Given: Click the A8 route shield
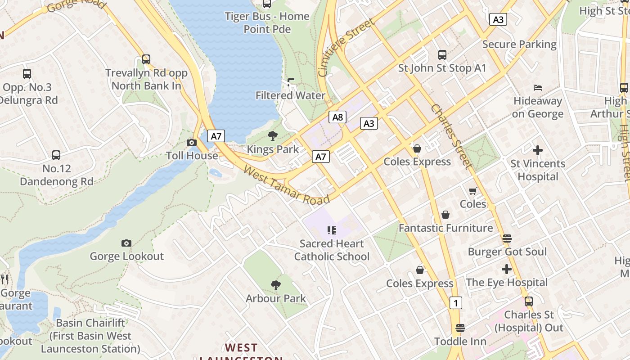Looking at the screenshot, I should tap(337, 117).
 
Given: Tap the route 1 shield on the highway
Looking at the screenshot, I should tap(456, 303).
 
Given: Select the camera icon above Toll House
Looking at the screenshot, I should tap(192, 143).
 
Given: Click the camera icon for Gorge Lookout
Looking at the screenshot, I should tap(126, 243).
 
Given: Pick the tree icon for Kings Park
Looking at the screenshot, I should tap(273, 136).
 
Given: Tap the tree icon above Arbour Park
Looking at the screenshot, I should tap(276, 285).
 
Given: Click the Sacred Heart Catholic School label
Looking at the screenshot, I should tap(332, 250).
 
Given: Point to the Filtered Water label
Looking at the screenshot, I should tap(290, 95).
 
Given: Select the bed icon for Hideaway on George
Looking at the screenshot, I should tap(538, 87).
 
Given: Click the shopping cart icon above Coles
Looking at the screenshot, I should tap(473, 191).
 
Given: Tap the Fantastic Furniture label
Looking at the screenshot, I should tap(445, 228).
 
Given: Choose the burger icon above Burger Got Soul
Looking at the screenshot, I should tap(507, 238).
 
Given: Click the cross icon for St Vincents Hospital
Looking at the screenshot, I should tap(538, 150).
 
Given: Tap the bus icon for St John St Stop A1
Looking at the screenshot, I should tap(442, 55).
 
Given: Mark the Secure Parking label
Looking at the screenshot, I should tap(519, 44).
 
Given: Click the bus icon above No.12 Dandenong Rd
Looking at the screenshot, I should tap(56, 155).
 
